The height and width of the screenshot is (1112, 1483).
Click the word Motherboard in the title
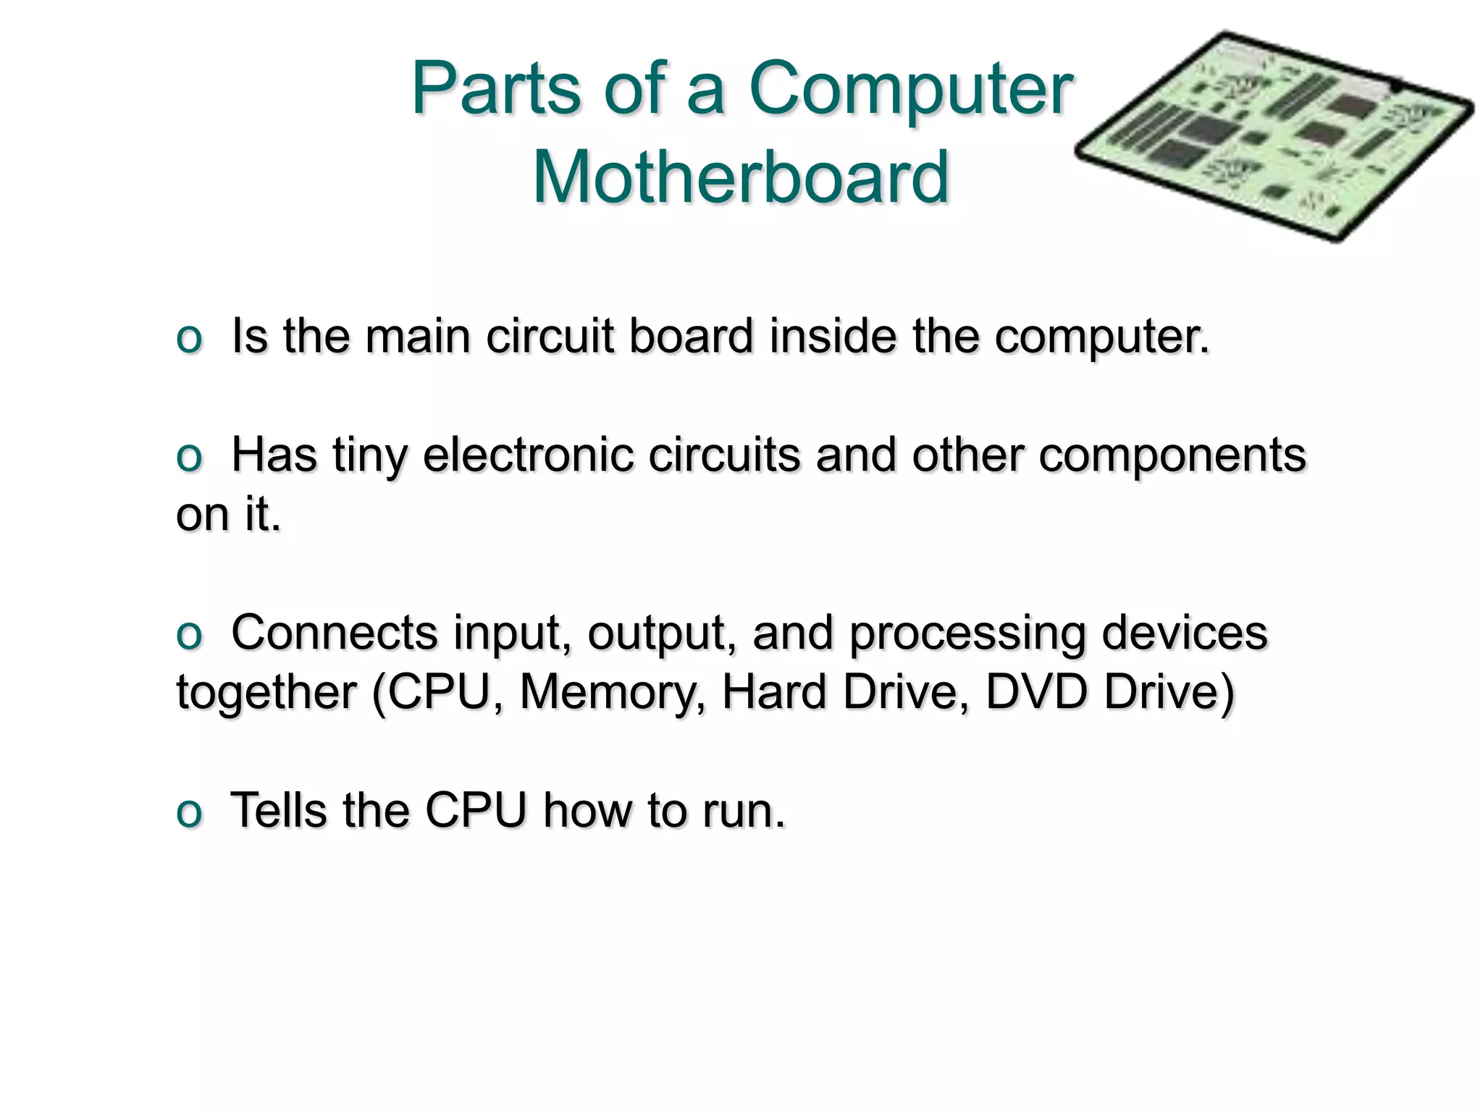(x=740, y=177)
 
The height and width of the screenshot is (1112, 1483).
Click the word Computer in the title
(x=910, y=90)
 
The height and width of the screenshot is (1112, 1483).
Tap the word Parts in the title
(x=496, y=88)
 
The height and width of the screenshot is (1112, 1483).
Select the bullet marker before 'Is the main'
(x=189, y=340)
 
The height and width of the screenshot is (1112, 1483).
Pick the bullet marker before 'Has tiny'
(x=189, y=458)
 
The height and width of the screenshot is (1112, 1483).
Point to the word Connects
(x=334, y=633)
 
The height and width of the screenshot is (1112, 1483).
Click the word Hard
(x=773, y=691)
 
